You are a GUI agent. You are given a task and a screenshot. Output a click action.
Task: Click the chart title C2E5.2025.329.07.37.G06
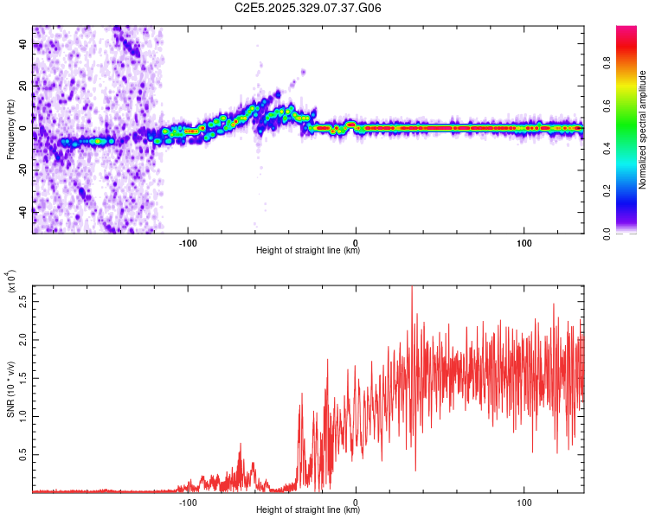(x=308, y=9)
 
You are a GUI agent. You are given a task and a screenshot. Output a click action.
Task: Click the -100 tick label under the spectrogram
(x=190, y=242)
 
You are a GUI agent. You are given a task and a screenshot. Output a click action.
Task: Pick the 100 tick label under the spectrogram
(x=524, y=242)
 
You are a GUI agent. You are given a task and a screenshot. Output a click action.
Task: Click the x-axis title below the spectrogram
(x=308, y=251)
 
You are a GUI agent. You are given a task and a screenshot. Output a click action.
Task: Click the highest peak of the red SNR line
(x=412, y=287)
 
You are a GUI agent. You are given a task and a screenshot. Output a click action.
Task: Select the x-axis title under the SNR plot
(x=308, y=510)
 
